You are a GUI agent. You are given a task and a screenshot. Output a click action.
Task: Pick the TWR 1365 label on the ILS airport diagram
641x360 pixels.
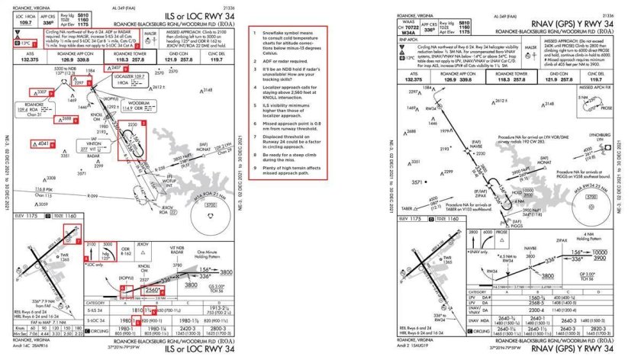(x=76, y=257)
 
